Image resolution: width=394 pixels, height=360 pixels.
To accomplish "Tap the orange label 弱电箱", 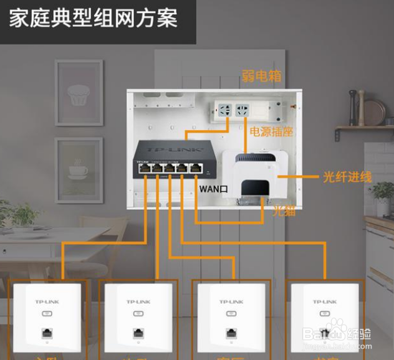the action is pyautogui.click(x=262, y=77).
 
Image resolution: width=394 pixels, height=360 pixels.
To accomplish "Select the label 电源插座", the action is pyautogui.click(x=271, y=132).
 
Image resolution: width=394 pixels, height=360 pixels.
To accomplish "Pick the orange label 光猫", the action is pyautogui.click(x=284, y=211).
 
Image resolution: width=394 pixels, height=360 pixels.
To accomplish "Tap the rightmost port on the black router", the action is pyautogui.click(x=197, y=167).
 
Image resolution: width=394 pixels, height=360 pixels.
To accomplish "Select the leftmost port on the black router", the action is pyautogui.click(x=144, y=167).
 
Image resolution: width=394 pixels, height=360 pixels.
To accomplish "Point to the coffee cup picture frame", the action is pyautogui.click(x=79, y=169).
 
